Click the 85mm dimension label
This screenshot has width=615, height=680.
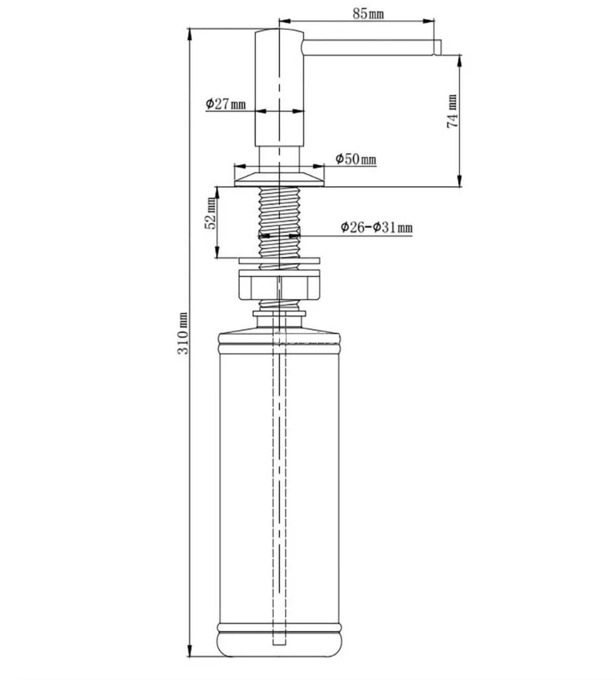(x=368, y=14)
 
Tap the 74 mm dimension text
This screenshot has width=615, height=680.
(x=453, y=111)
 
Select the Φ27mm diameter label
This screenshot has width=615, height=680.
(x=225, y=104)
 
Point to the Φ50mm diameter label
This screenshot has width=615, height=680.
(x=356, y=158)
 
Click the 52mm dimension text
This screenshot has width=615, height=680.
(x=211, y=213)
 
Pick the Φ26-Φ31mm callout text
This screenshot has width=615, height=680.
(x=377, y=227)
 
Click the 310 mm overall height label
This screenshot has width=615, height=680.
(x=183, y=333)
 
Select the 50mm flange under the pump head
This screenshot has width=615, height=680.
(x=279, y=179)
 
